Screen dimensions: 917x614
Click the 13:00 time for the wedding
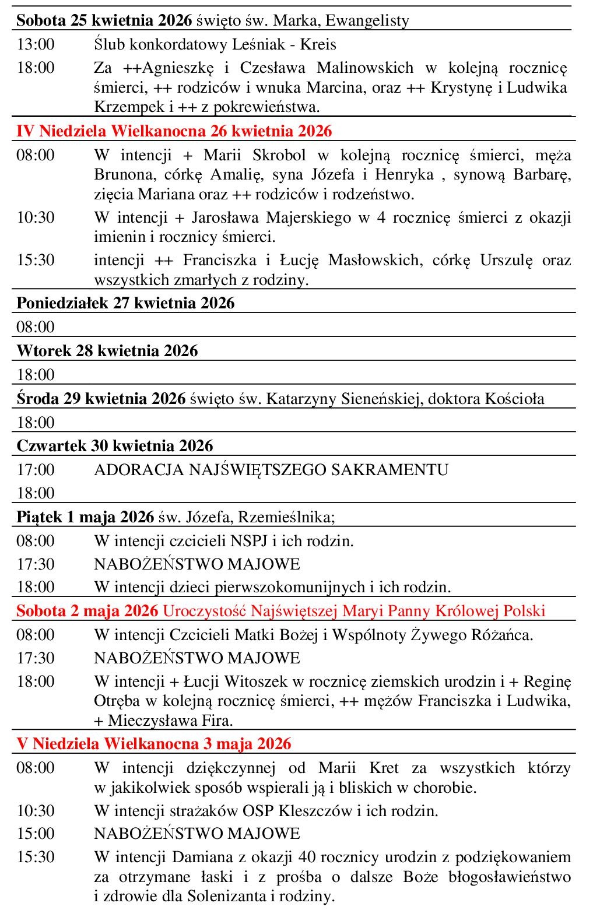[36, 44]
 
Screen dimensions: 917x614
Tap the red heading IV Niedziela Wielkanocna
[174, 131]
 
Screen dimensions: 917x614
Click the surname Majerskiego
[308, 218]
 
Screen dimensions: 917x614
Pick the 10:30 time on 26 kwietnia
[36, 218]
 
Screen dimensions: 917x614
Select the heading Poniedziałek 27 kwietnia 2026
[125, 303]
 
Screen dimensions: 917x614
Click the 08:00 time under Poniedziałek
[36, 327]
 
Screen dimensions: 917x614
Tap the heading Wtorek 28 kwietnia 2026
[107, 351]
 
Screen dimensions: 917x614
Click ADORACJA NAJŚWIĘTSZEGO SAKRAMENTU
[271, 470]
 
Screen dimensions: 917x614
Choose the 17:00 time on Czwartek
[36, 470]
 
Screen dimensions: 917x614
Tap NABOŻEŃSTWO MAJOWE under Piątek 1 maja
[197, 564]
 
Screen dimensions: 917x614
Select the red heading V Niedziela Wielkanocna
[154, 744]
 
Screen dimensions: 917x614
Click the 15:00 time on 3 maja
[36, 834]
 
